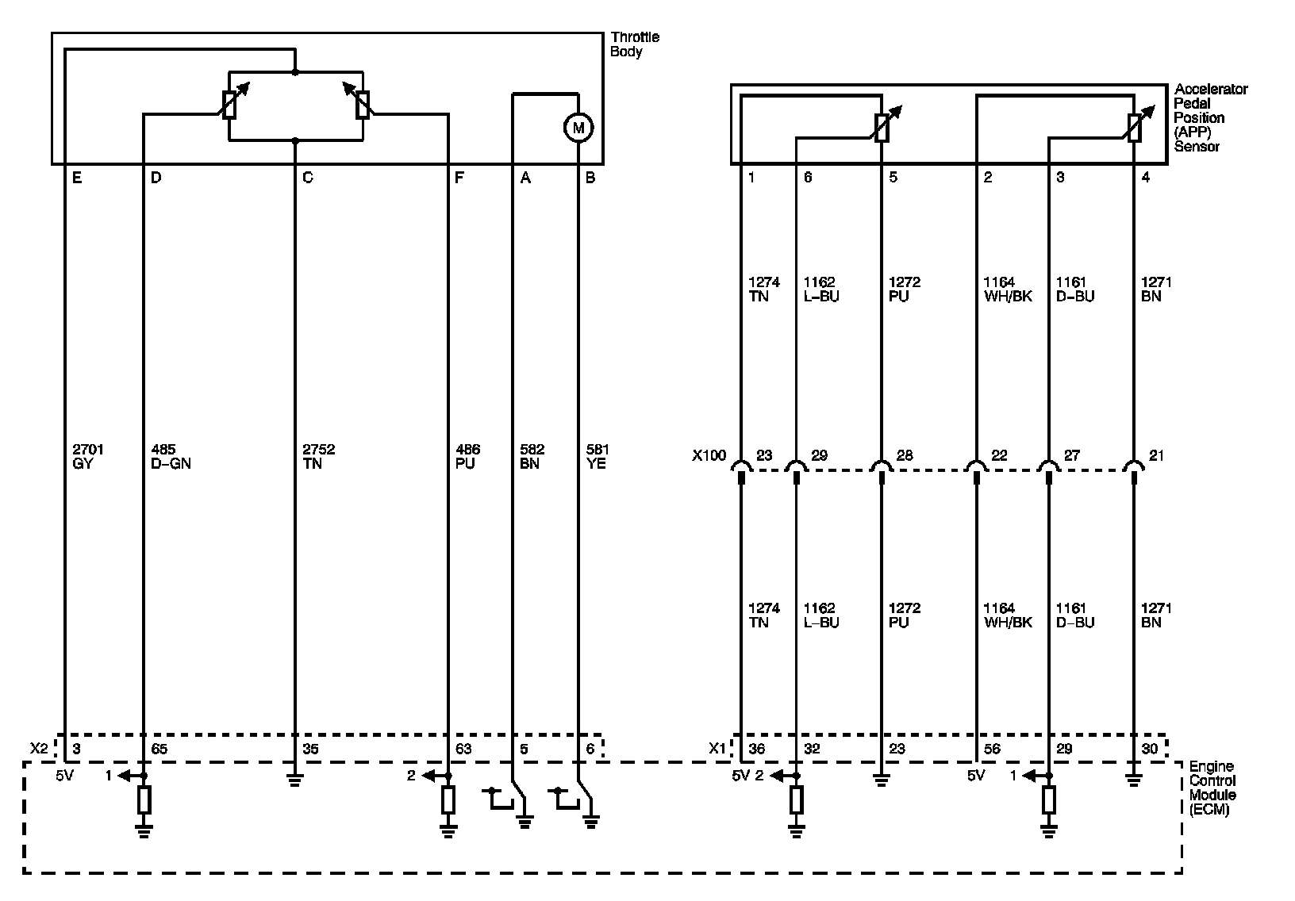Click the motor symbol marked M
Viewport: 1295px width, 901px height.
[578, 127]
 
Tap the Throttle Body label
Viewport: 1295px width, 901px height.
[634, 44]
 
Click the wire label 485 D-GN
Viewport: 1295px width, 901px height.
[171, 456]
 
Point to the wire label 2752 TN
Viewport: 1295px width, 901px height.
[318, 456]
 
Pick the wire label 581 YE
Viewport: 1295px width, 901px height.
[596, 456]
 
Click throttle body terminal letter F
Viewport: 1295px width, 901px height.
[459, 178]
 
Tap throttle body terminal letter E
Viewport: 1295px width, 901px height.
[76, 178]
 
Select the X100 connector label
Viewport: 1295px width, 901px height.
[709, 456]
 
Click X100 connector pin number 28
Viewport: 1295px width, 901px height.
[905, 455]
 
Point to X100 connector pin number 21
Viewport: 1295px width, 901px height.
[1157, 455]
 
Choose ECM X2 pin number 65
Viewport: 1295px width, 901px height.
[159, 749]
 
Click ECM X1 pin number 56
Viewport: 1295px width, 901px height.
[992, 749]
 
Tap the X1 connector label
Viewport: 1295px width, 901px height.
[717, 748]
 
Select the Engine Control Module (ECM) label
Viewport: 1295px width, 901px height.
[1212, 788]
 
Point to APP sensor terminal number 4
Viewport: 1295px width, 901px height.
[1145, 178]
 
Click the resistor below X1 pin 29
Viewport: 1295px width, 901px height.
[1049, 800]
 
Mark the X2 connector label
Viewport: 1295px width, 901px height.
[39, 748]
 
